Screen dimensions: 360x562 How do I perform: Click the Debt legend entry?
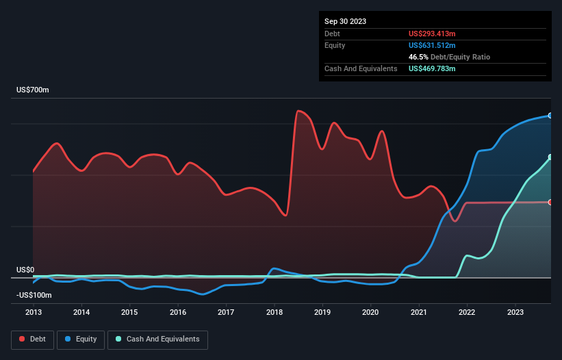[33, 339]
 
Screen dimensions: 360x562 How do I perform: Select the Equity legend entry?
[80, 339]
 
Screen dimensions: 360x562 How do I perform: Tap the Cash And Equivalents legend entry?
[157, 339]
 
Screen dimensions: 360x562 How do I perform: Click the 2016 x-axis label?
[178, 312]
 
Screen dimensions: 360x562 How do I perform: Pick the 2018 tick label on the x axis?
[274, 312]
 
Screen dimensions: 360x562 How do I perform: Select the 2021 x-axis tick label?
[419, 312]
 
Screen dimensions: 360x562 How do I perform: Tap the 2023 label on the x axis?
[515, 312]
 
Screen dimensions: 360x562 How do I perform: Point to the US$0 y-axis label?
[26, 270]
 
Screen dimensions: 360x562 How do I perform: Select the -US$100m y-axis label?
[35, 295]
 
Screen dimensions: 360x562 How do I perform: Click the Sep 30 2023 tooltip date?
[345, 21]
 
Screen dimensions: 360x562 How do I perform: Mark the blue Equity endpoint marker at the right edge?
[550, 116]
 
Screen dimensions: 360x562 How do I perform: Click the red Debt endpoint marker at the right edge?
[550, 202]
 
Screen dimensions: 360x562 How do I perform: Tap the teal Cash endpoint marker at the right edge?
[550, 157]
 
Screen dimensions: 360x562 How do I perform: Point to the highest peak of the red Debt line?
[298, 111]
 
